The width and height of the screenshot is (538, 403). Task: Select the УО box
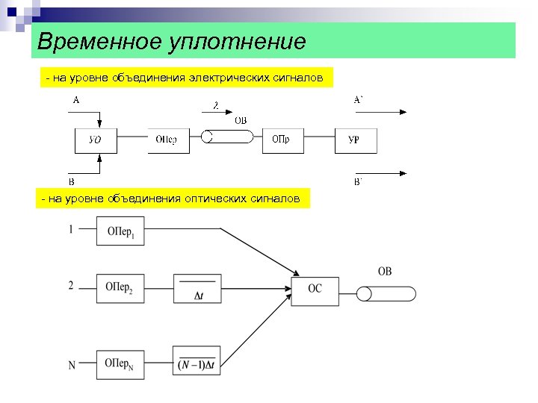click(96, 140)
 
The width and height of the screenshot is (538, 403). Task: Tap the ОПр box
click(282, 140)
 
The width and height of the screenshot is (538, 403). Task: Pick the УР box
click(356, 140)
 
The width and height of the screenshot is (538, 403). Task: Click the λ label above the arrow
click(216, 106)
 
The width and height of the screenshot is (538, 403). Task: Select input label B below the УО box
click(72, 181)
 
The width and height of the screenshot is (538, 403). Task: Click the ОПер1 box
click(120, 231)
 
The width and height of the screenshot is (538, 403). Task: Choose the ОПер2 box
click(120, 288)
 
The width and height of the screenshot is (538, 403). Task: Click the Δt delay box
click(197, 288)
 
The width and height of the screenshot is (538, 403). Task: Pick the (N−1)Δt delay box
click(197, 360)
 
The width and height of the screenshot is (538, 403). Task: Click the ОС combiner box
click(315, 289)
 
